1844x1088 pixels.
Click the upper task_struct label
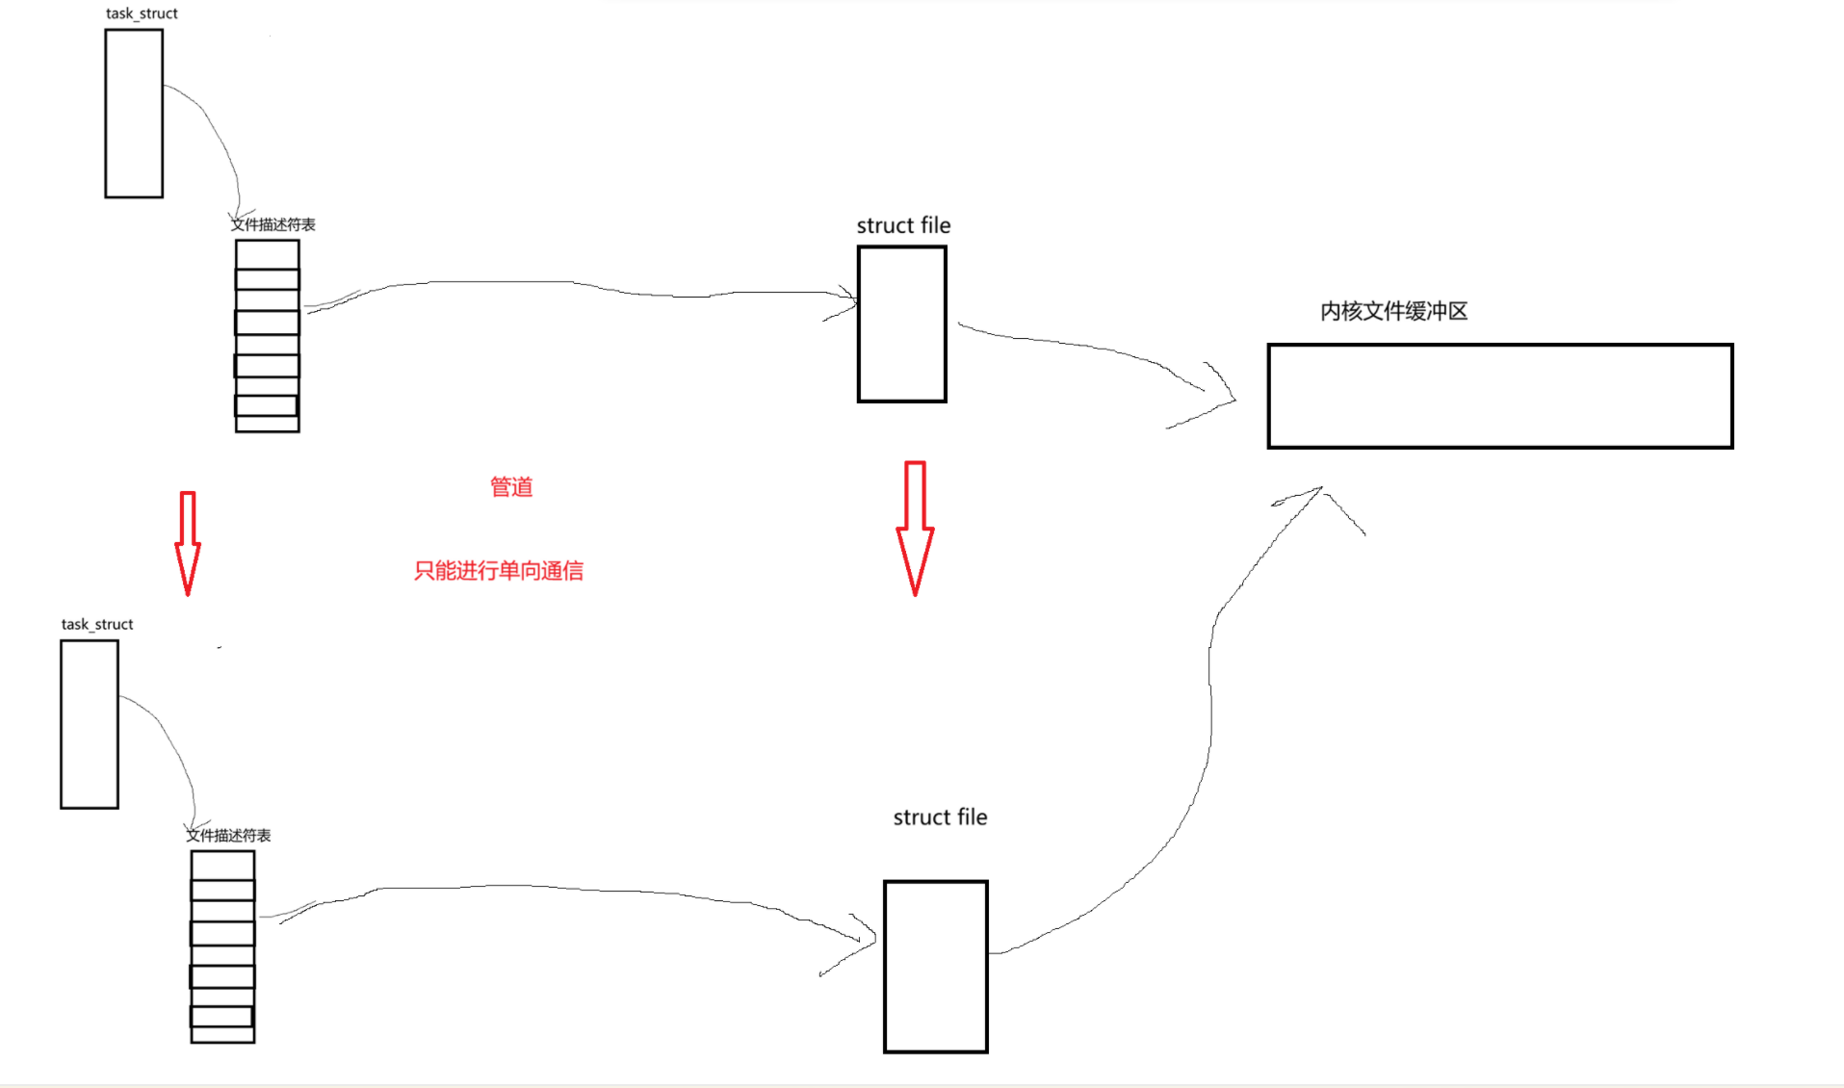[x=142, y=13]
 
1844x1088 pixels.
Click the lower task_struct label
[x=97, y=624]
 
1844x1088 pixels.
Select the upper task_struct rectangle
[x=134, y=114]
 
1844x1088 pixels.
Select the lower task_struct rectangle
[x=90, y=724]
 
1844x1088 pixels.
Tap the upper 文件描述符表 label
[x=273, y=224]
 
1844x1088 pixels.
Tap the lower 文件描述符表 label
[x=229, y=835]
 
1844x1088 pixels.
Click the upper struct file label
[x=903, y=225]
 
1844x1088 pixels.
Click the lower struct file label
[x=940, y=817]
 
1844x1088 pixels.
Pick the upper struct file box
[x=902, y=324]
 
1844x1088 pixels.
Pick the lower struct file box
[x=936, y=966]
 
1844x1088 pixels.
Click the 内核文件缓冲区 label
[x=1393, y=311]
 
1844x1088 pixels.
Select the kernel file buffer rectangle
[x=1499, y=396]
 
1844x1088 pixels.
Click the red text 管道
[x=511, y=487]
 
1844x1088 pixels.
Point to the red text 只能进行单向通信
[x=498, y=571]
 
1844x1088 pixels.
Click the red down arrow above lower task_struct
[x=188, y=543]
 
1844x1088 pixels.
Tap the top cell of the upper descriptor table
[x=268, y=254]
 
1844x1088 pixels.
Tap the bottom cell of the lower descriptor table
[x=222, y=1034]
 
